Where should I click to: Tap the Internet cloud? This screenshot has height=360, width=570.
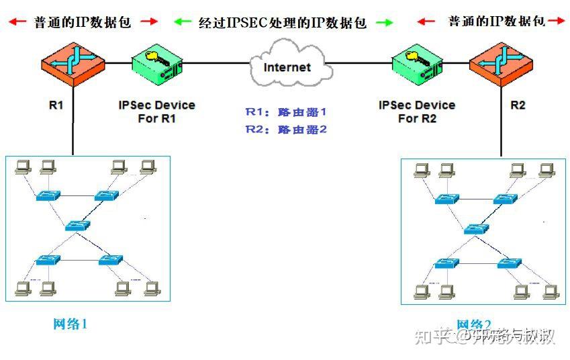tap(287, 66)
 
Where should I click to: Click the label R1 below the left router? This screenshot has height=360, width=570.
tap(56, 105)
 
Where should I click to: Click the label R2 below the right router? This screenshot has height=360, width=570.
tap(518, 105)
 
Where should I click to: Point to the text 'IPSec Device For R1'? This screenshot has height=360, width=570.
tap(156, 111)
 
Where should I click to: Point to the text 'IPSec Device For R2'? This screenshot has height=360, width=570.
tap(417, 111)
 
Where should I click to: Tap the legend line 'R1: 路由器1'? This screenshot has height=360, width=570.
tap(285, 112)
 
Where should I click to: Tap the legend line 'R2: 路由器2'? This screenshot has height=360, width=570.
tap(285, 129)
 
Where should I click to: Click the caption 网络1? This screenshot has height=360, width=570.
tap(70, 324)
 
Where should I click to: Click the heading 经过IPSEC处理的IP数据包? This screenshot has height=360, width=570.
tap(283, 22)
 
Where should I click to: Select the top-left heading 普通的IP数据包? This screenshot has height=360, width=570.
tap(83, 21)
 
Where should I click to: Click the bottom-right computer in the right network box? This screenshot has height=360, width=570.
tap(551, 291)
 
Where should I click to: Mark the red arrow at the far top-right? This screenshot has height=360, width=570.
tap(557, 21)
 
